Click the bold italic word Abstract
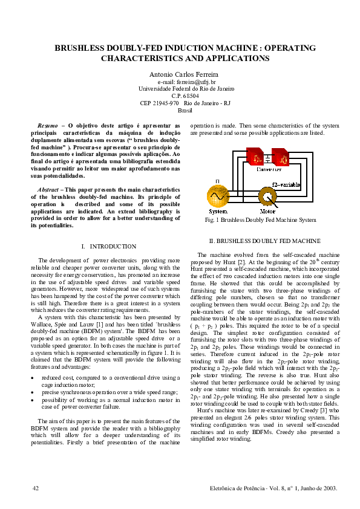(x=48, y=190)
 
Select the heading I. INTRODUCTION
(x=108, y=247)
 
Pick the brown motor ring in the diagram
(x=267, y=198)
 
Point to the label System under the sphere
(x=218, y=212)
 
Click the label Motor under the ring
(x=267, y=212)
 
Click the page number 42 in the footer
(x=36, y=487)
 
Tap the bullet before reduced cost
(x=33, y=377)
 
